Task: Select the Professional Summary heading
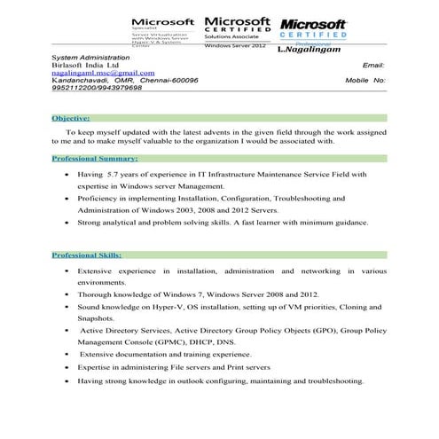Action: tap(95, 159)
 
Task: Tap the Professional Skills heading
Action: tap(86, 255)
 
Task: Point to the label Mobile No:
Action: tap(365, 80)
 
